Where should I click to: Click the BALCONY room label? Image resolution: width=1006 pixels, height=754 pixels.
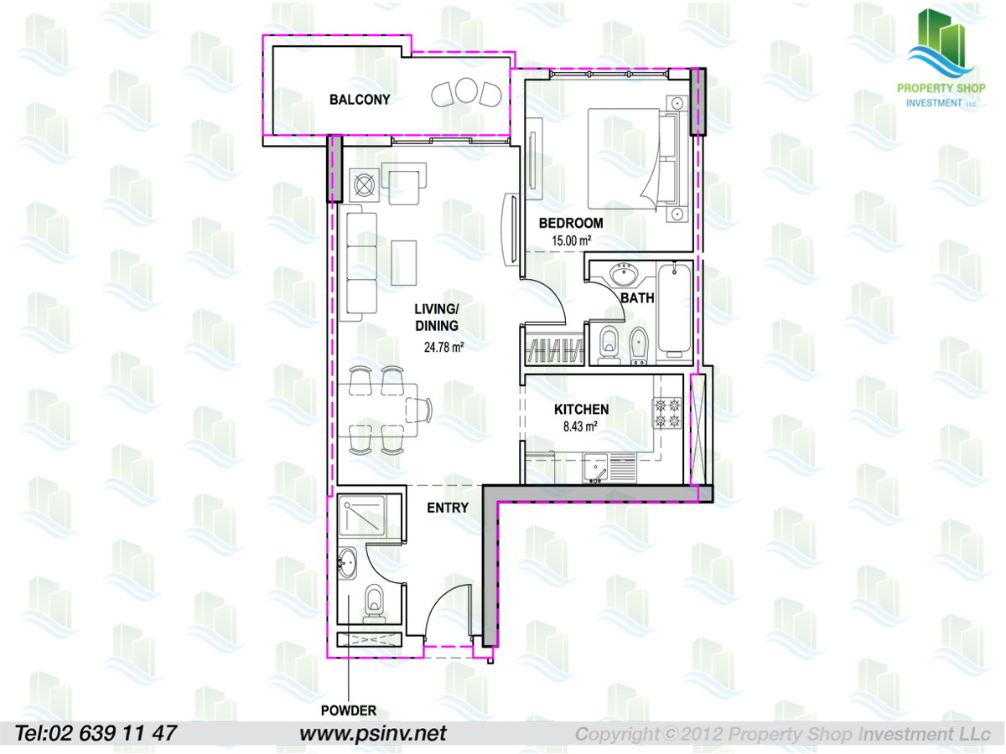(x=360, y=100)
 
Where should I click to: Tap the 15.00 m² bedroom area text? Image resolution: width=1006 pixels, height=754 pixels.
(x=571, y=240)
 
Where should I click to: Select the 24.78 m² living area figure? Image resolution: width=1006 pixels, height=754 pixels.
(x=443, y=348)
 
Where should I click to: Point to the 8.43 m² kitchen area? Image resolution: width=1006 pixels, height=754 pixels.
(x=580, y=426)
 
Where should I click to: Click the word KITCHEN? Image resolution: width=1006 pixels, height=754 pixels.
(x=581, y=410)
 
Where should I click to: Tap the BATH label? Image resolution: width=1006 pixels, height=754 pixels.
(x=637, y=298)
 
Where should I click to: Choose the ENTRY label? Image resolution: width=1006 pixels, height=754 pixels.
(x=448, y=508)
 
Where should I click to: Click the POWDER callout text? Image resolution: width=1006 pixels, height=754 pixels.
(x=348, y=710)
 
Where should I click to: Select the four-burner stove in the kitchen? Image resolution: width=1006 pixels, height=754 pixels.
(x=667, y=413)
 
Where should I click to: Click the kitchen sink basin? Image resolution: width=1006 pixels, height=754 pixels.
(x=595, y=467)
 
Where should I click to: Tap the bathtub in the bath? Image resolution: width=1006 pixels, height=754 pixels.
(x=675, y=311)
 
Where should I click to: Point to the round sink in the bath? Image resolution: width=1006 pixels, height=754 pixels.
(x=624, y=275)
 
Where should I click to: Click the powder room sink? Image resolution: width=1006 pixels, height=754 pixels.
(x=347, y=564)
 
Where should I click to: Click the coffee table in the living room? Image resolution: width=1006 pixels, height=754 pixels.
(x=404, y=263)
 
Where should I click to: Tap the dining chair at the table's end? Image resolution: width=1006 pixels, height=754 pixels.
(x=419, y=411)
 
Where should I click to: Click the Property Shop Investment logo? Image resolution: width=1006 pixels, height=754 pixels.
(x=941, y=58)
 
